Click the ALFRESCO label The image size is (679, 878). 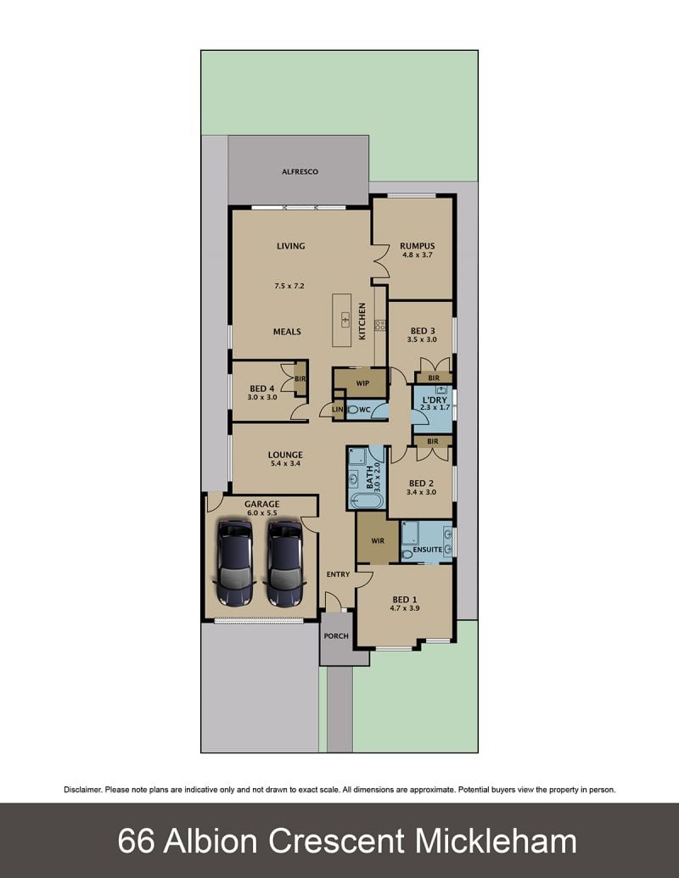(x=300, y=172)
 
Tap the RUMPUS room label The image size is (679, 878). (x=418, y=246)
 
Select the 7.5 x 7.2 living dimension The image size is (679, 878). (x=289, y=286)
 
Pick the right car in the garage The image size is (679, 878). (x=286, y=563)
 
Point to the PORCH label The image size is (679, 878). (x=336, y=636)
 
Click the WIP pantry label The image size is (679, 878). (x=362, y=383)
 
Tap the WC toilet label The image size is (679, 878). (x=365, y=410)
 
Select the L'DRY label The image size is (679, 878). (x=435, y=400)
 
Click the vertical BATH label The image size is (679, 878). (x=370, y=477)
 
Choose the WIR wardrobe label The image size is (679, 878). (x=378, y=541)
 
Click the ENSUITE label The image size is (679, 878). (x=428, y=550)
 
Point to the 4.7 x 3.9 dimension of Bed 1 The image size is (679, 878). (x=405, y=608)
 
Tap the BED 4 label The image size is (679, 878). (x=262, y=389)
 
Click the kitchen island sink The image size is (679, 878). (x=345, y=321)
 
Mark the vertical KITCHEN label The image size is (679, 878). (x=362, y=322)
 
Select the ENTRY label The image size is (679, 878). (x=338, y=574)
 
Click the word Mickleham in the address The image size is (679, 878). (x=496, y=841)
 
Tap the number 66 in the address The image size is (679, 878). (x=136, y=841)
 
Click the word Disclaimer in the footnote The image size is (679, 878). (x=83, y=790)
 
